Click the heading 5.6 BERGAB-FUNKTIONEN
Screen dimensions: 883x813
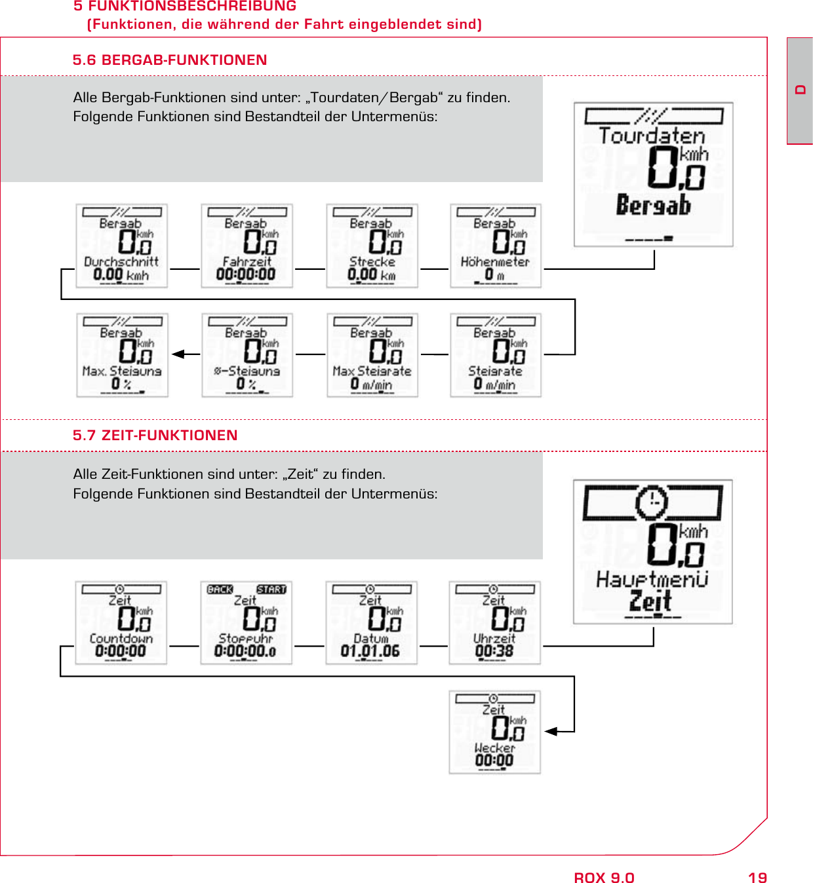(x=170, y=60)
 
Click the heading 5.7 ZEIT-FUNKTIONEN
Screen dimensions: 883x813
(x=155, y=436)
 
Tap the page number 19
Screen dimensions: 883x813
(x=757, y=878)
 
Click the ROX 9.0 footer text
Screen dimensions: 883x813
(x=604, y=878)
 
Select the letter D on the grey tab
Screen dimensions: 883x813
(x=800, y=90)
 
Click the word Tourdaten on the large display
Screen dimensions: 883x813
(x=652, y=136)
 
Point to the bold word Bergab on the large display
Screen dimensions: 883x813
(x=653, y=206)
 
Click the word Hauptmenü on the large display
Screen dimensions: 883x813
(x=652, y=579)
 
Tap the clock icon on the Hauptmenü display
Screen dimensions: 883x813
(x=652, y=502)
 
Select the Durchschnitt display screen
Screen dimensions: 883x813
(x=122, y=246)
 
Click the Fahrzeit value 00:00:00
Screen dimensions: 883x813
(x=246, y=274)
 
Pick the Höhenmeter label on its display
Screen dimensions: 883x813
(x=495, y=261)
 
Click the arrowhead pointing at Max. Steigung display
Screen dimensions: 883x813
(x=178, y=354)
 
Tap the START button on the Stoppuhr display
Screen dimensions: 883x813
(x=271, y=590)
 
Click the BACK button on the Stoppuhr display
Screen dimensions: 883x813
(x=220, y=590)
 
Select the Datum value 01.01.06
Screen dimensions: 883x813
(x=370, y=651)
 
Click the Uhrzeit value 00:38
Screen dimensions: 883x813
(x=494, y=651)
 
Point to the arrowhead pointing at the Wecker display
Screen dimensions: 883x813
(x=551, y=732)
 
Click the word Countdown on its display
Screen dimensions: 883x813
(x=121, y=638)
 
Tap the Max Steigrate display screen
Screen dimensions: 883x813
(x=372, y=355)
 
